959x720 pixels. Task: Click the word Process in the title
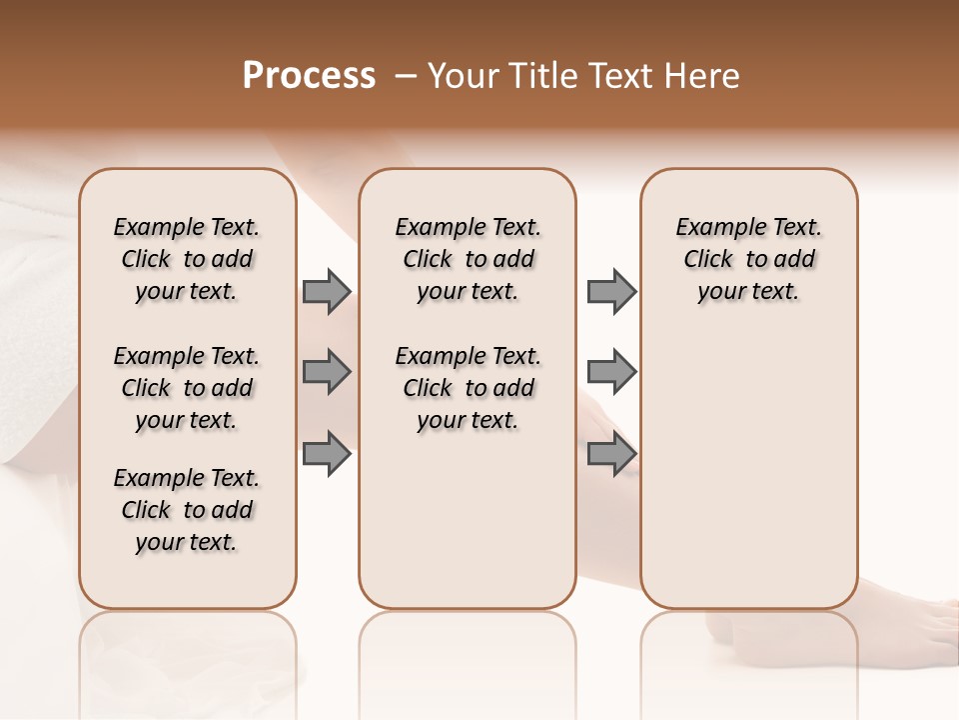tap(309, 76)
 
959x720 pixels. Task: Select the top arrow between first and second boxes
tap(327, 291)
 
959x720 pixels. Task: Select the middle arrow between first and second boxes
tap(327, 372)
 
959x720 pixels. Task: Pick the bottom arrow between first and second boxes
tap(327, 453)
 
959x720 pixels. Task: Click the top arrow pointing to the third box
tap(611, 291)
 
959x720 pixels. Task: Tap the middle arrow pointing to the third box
tap(611, 372)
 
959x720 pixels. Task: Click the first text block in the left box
tap(187, 259)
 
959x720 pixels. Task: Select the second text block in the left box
tap(187, 388)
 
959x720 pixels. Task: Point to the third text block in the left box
tap(187, 510)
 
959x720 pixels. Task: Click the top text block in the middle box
tap(468, 259)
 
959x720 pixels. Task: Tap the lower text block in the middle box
tap(468, 388)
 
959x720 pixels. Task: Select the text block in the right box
tap(748, 259)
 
